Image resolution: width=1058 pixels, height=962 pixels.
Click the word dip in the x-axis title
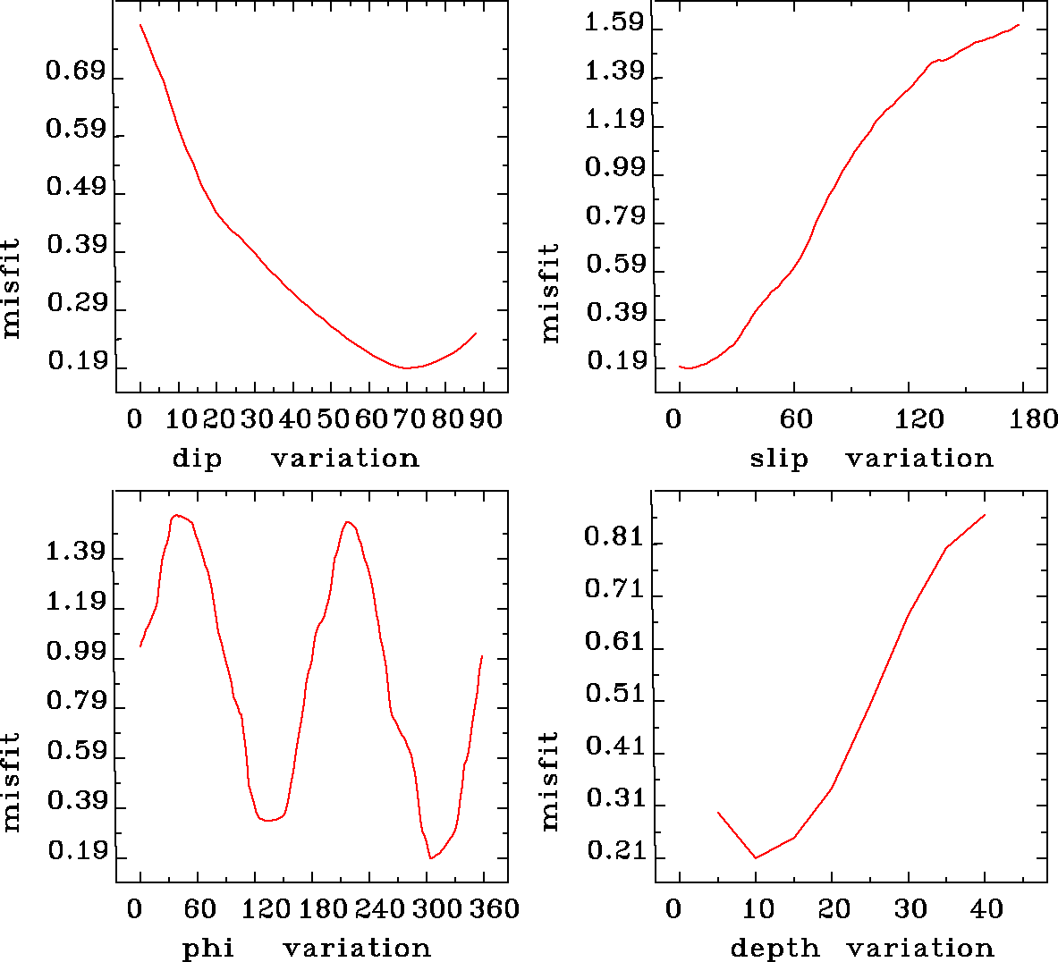(x=196, y=459)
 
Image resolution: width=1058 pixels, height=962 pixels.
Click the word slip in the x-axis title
(x=778, y=459)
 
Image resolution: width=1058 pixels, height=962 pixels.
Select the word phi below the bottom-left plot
(x=207, y=949)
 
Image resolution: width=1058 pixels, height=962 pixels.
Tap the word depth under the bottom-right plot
(x=774, y=949)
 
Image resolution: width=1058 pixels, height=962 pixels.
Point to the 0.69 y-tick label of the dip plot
(x=76, y=72)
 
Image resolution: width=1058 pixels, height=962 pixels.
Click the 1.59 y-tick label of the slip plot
(x=614, y=22)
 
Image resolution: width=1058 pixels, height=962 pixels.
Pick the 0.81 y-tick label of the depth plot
(x=614, y=537)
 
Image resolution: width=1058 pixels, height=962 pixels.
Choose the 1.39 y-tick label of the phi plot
(x=76, y=553)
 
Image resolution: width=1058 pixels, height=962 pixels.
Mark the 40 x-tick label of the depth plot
(x=986, y=909)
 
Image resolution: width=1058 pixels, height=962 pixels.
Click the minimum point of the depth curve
(x=756, y=858)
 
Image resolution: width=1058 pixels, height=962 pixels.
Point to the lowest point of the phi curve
(x=431, y=858)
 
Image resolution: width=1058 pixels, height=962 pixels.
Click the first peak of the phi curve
(x=176, y=515)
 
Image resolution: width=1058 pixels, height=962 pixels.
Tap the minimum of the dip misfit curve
(x=407, y=367)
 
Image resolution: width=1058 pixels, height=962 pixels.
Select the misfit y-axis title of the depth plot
(x=549, y=781)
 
